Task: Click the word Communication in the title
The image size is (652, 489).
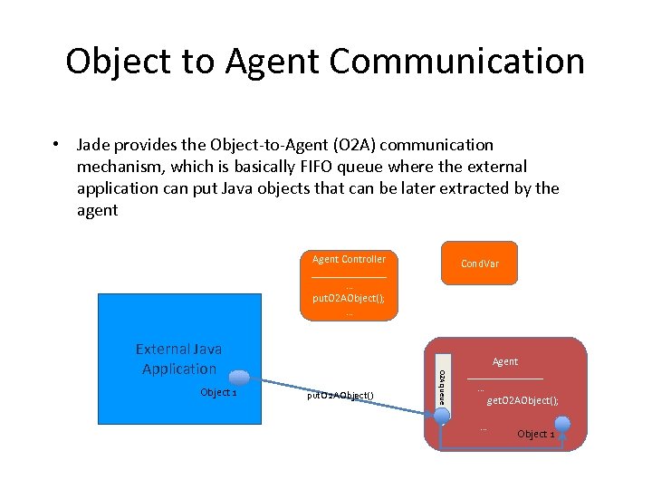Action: click(457, 62)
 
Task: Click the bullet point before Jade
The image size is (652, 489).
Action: click(56, 145)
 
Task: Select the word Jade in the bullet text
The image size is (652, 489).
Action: click(95, 145)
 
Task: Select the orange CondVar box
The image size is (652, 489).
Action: click(479, 264)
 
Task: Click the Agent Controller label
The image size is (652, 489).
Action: click(349, 259)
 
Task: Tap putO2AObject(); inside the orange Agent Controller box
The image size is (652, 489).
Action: click(349, 297)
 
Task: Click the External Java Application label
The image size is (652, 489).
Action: click(178, 359)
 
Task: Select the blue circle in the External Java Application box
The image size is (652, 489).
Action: click(239, 379)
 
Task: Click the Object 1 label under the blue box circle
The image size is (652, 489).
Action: click(218, 393)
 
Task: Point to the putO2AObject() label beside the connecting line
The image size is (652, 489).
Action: click(340, 394)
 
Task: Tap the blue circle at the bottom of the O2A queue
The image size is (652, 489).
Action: click(441, 417)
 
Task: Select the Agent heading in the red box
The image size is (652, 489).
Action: click(505, 361)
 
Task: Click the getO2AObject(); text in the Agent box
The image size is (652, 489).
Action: click(523, 400)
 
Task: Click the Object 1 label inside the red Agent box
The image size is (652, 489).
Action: click(535, 434)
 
